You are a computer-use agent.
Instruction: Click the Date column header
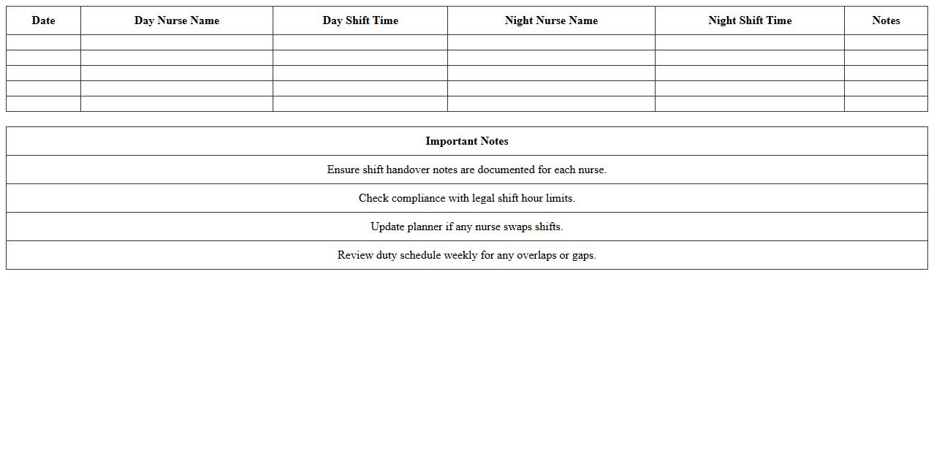(x=43, y=20)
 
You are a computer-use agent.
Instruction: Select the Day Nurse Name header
(x=177, y=20)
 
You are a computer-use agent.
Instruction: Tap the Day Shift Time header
(x=360, y=20)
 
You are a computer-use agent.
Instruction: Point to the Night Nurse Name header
(x=551, y=20)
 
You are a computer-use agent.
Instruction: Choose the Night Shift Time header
(x=750, y=20)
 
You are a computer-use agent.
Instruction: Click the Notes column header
(x=886, y=20)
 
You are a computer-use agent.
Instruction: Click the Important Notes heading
(x=467, y=141)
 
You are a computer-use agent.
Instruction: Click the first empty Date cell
(x=43, y=42)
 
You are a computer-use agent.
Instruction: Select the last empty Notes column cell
(x=886, y=104)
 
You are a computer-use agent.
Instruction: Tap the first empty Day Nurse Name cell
(x=177, y=42)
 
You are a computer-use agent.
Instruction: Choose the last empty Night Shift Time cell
(x=750, y=104)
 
